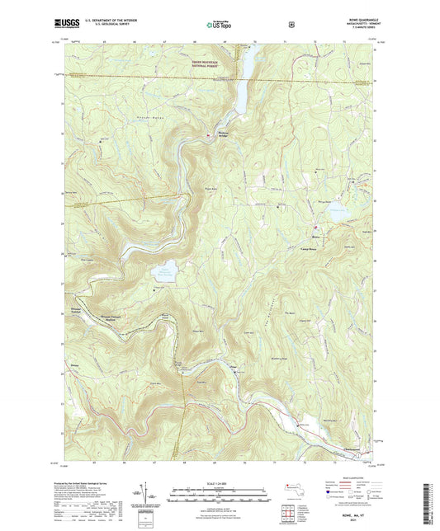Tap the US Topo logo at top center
[x=219, y=25]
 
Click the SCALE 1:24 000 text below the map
[x=220, y=482]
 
